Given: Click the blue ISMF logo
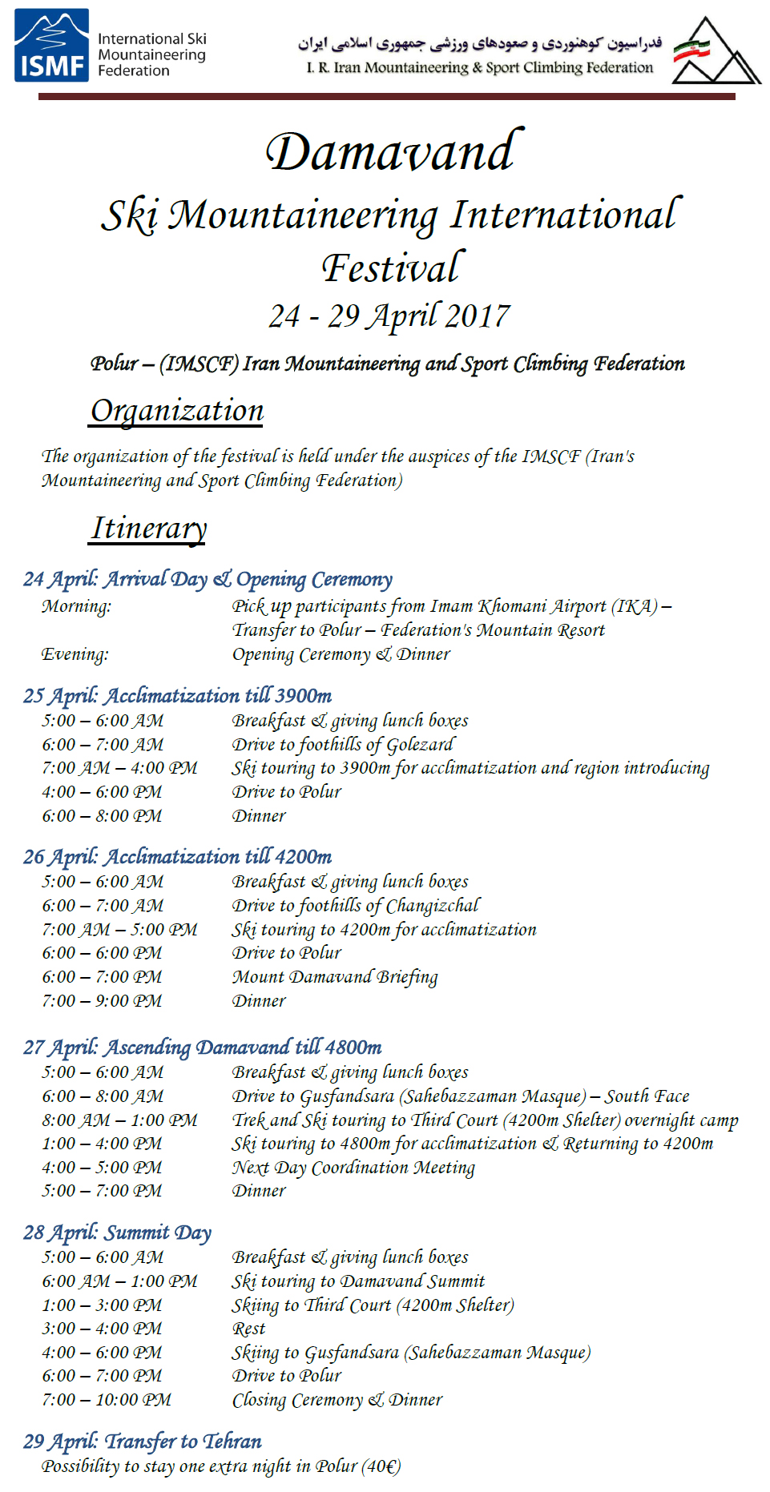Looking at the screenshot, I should (51, 46).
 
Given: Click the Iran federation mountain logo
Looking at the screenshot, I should (715, 52).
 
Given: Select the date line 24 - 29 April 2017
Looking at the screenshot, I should (389, 316).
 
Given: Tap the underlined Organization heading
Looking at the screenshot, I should (177, 411).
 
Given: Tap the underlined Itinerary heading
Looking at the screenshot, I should (149, 529).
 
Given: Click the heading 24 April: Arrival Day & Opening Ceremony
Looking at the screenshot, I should (208, 579).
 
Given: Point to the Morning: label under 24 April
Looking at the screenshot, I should (76, 606).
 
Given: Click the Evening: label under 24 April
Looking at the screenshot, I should (75, 654).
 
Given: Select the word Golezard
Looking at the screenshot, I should (421, 745).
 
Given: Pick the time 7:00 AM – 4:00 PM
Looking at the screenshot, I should (119, 768).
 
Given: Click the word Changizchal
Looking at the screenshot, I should (433, 906).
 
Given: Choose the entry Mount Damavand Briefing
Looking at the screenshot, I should (335, 977).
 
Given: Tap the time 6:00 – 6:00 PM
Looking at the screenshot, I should (102, 953).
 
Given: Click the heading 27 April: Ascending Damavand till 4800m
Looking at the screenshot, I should (202, 1048).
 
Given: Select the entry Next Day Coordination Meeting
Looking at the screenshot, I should (353, 1168).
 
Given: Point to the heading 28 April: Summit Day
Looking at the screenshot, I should (117, 1233).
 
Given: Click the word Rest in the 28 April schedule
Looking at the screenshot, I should (248, 1329).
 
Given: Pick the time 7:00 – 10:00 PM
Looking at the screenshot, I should (107, 1400).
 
